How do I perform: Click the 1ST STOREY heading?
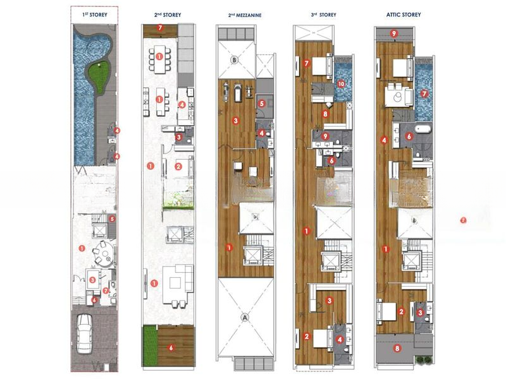point(94,15)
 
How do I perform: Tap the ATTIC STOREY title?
point(404,15)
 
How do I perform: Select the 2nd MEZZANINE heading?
point(245,15)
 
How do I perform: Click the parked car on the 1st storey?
point(84,334)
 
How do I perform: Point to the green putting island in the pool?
point(99,76)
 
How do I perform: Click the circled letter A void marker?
point(245,318)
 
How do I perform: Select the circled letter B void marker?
point(235,60)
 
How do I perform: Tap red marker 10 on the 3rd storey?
point(341,84)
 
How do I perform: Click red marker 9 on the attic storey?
point(393,33)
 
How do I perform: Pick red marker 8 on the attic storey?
point(397,348)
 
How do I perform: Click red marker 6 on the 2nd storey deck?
point(171,348)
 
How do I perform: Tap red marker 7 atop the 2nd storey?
point(160,28)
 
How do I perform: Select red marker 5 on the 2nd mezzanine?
point(262,104)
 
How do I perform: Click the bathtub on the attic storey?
point(423,129)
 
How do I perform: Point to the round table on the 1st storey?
point(104,254)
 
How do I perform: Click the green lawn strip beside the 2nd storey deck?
point(149,346)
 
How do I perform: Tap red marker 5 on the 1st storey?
point(112,219)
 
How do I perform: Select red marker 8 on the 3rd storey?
point(325,114)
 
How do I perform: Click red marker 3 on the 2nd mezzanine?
point(236,121)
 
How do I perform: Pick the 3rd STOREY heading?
point(323,15)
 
